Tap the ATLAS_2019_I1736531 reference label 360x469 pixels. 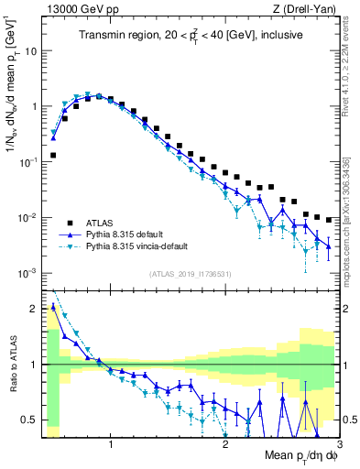click(x=191, y=274)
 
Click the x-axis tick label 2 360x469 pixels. click(x=225, y=445)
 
